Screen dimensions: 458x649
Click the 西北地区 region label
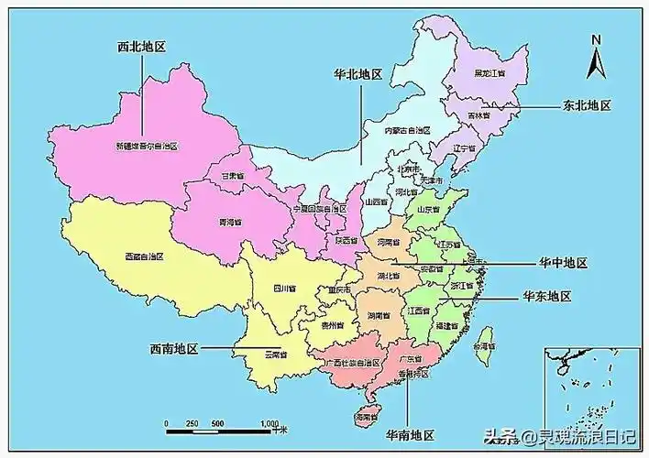(x=141, y=46)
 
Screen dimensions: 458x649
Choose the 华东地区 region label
(x=547, y=297)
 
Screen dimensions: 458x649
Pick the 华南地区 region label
(x=409, y=433)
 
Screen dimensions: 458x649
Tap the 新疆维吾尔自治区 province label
(x=146, y=146)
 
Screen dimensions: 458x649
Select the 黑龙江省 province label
(x=489, y=72)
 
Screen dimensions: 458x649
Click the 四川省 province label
(x=285, y=289)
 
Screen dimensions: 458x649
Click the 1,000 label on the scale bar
(x=269, y=423)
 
